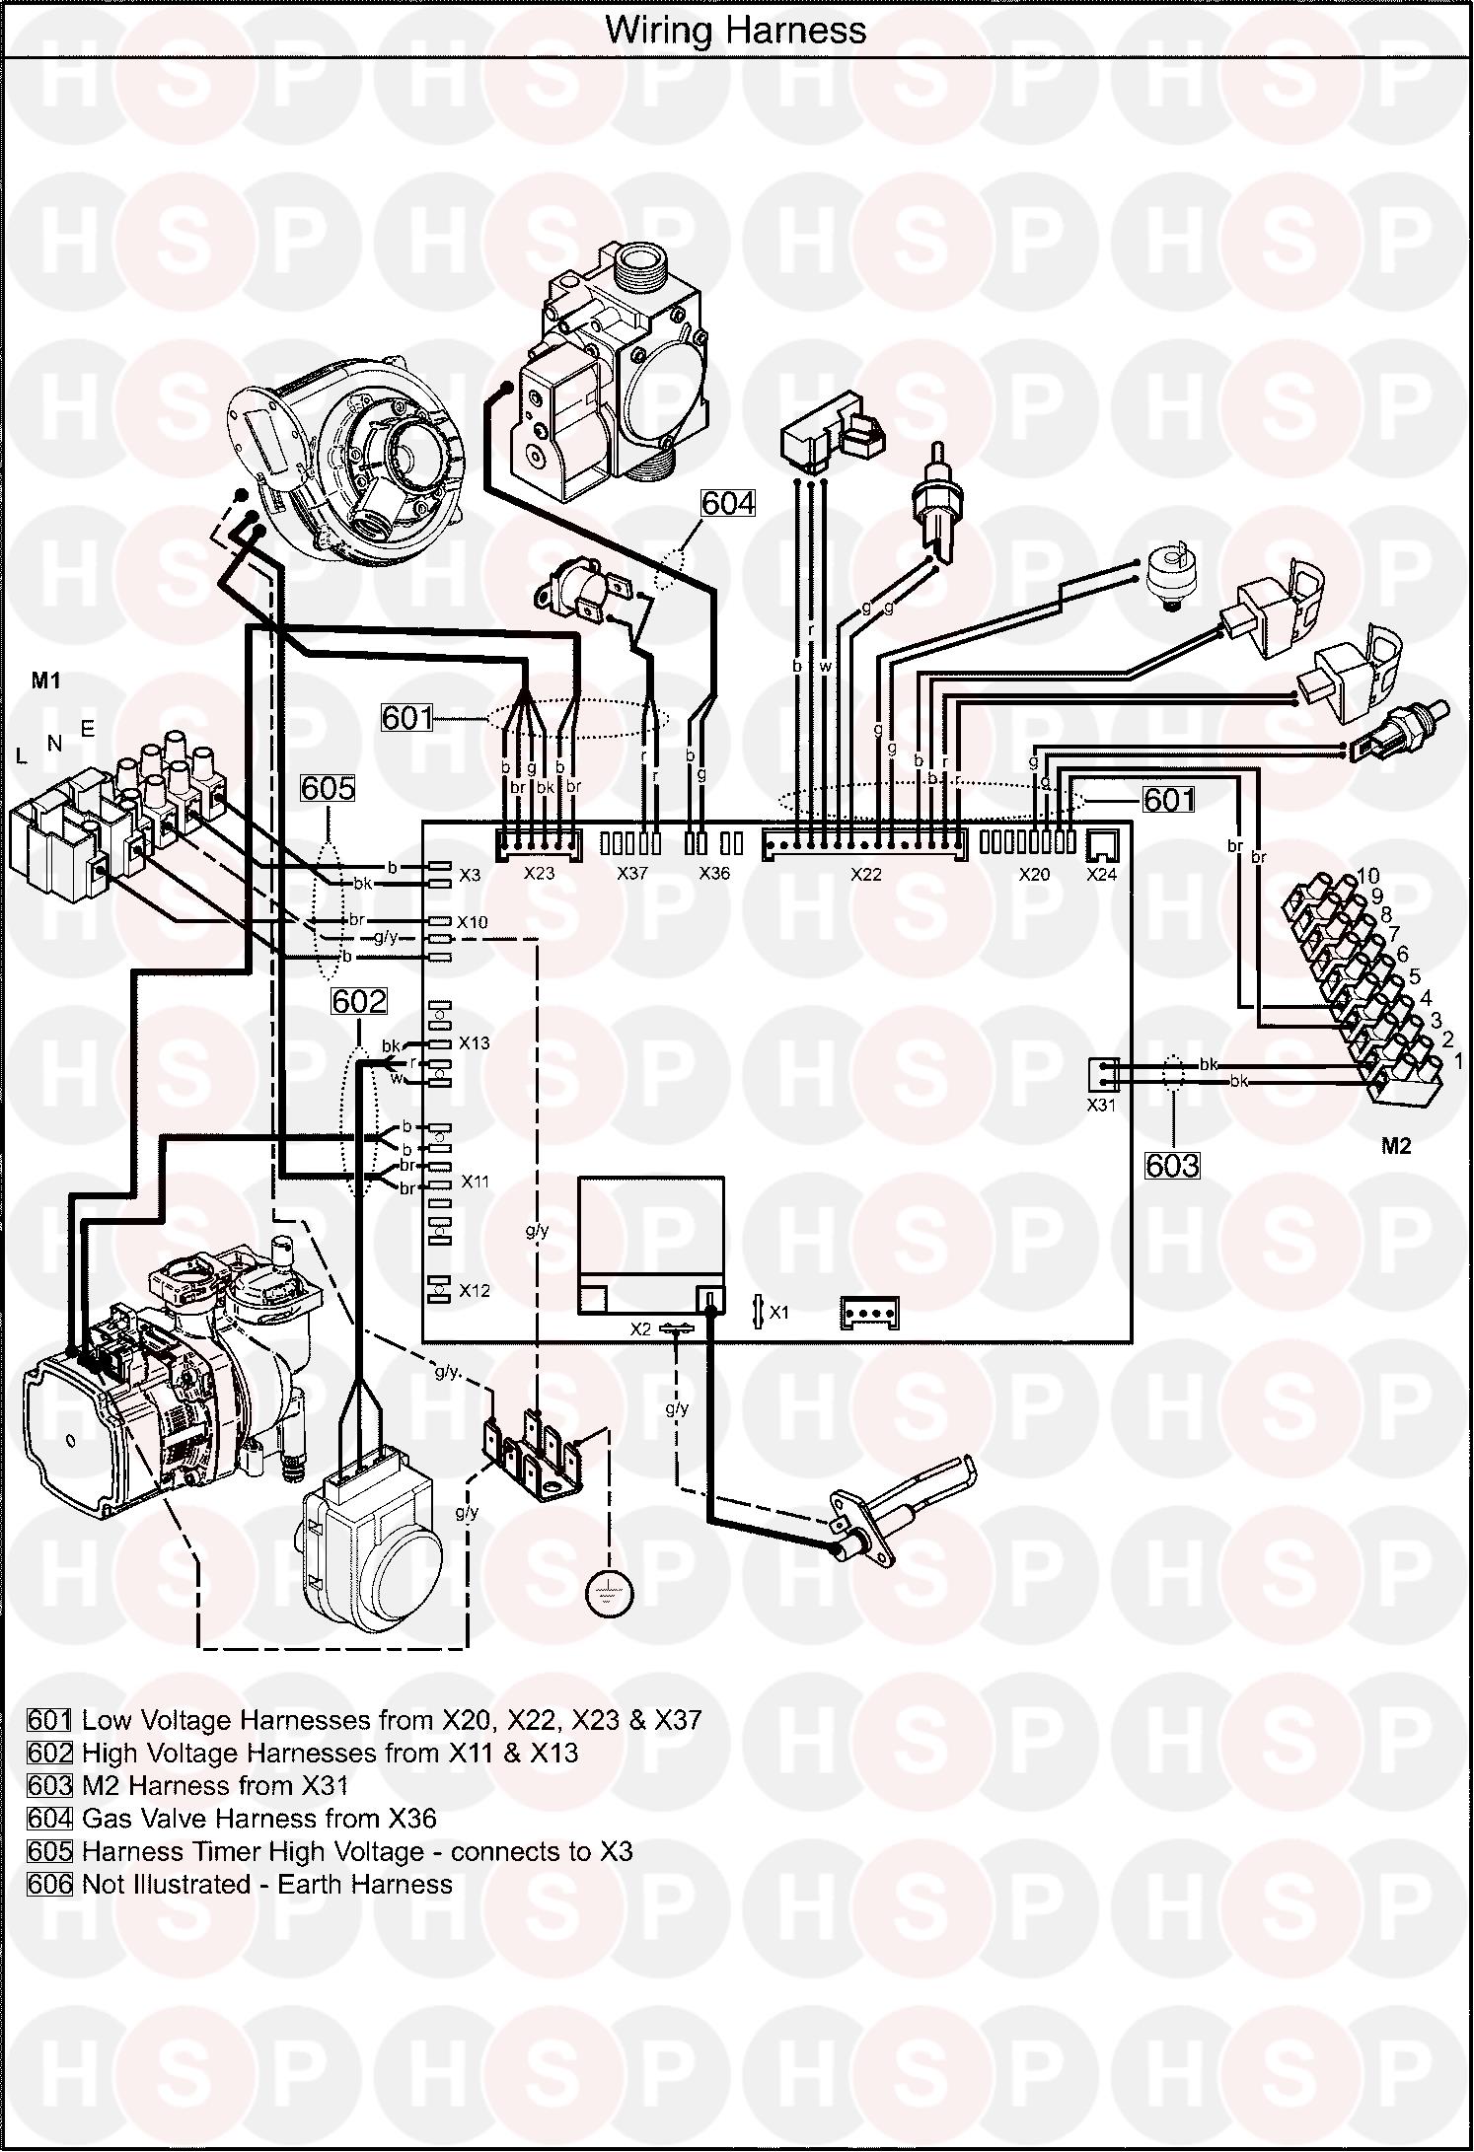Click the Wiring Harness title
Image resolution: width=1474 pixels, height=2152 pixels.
tap(736, 31)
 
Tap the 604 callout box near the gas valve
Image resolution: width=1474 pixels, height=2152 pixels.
tap(728, 503)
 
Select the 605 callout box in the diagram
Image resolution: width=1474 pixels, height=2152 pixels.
tap(329, 787)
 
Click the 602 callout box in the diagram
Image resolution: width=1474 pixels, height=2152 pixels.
tap(359, 1002)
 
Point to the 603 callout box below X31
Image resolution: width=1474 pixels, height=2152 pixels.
tap(1172, 1166)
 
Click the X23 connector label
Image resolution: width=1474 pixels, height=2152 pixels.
tap(539, 874)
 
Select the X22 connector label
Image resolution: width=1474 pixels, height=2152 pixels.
tap(865, 874)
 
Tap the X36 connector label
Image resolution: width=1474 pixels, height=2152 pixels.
tap(713, 874)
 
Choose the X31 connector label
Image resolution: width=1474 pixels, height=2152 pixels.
tap(1101, 1106)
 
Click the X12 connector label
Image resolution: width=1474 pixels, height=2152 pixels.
tap(475, 1291)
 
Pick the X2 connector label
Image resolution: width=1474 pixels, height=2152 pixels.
tap(640, 1329)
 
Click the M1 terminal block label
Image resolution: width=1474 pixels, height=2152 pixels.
tap(46, 681)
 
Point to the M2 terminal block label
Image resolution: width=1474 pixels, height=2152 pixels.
tap(1397, 1146)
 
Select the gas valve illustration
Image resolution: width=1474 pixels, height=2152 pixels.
tap(602, 380)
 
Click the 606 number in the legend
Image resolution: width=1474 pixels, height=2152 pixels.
tap(49, 1885)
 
